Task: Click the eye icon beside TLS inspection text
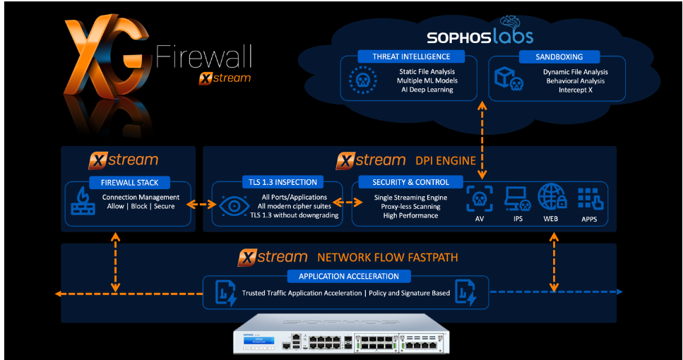233,205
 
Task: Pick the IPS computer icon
517,200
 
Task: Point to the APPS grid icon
589,200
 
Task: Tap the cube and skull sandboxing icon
509,80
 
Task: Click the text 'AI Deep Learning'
427,90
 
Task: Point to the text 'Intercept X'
576,90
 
